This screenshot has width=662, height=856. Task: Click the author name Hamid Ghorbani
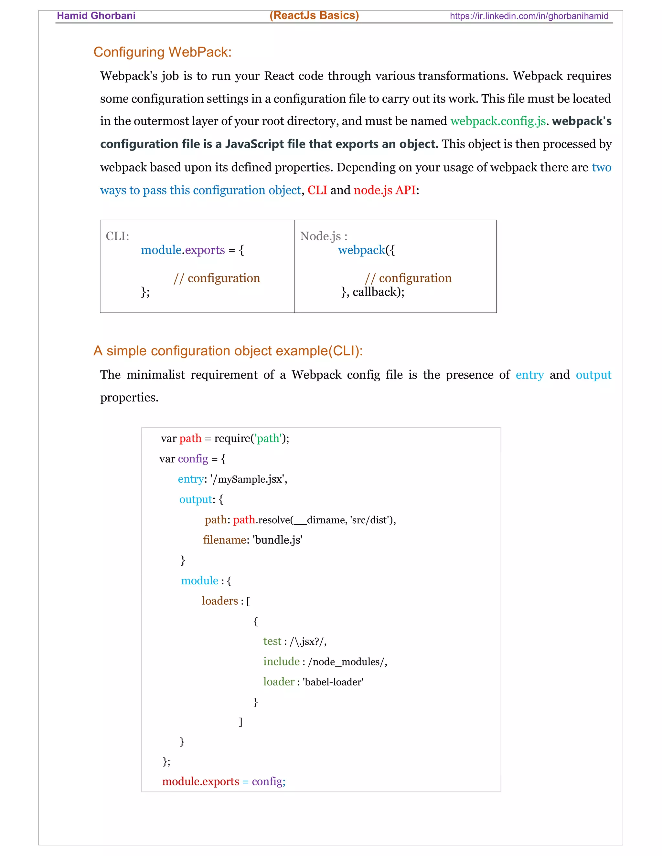pos(96,16)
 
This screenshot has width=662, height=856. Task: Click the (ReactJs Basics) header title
pos(314,16)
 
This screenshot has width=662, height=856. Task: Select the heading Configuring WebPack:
pos(162,52)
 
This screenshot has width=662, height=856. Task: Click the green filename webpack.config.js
pos(498,121)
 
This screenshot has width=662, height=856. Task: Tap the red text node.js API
pos(384,190)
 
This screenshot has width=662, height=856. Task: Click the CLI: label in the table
pos(117,236)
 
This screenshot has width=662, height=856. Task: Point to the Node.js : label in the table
pos(324,236)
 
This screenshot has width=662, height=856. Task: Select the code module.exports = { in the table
pos(192,250)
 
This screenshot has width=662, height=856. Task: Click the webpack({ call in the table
pos(366,250)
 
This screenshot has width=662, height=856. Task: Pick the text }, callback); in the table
pos(373,292)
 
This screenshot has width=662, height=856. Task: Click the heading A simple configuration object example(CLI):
pos(228,351)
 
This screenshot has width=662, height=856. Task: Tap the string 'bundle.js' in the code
pos(278,540)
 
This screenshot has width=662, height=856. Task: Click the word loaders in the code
pos(219,601)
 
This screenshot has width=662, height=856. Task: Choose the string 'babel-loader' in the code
pos(333,682)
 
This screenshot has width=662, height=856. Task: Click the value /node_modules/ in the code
pos(346,662)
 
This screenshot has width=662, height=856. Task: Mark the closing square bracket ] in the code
pos(241,722)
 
